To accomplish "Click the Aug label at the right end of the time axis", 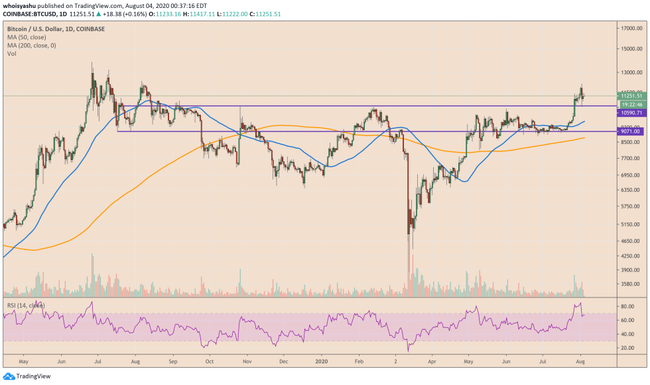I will (579, 361).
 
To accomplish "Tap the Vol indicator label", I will (11, 54).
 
